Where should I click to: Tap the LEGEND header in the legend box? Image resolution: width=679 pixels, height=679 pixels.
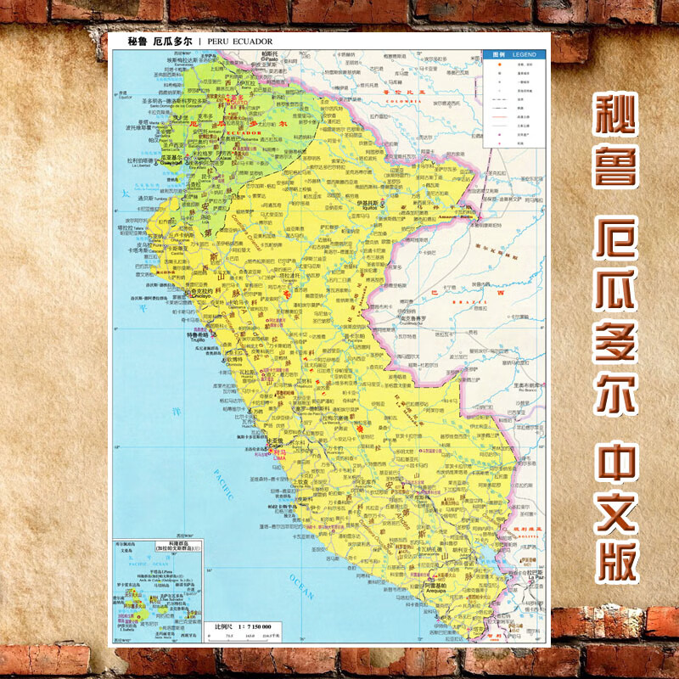(525, 53)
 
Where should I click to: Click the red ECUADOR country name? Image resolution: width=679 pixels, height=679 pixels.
(225, 132)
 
